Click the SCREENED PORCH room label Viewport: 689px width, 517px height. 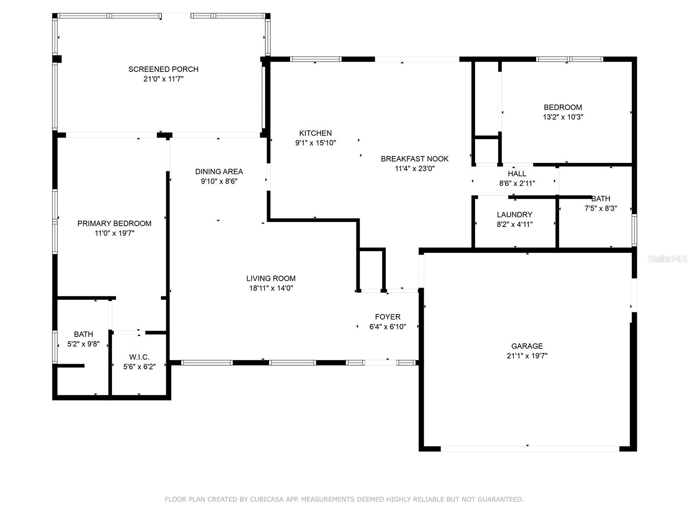[163, 69]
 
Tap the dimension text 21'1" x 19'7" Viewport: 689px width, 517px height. [527, 356]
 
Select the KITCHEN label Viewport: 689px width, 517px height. [315, 133]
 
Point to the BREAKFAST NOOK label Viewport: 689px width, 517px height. [414, 159]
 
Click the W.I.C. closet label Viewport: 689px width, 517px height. [139, 357]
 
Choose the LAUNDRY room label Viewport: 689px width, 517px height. [514, 215]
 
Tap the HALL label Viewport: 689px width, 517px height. [517, 174]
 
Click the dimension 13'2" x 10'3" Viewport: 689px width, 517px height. [563, 117]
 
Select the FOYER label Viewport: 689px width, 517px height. [388, 317]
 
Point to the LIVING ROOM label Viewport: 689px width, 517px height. [271, 278]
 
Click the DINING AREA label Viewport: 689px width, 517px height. [219, 171]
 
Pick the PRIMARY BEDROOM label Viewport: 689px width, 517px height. [114, 223]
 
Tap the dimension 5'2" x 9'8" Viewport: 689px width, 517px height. [84, 344]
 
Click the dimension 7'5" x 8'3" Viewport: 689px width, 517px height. [600, 208]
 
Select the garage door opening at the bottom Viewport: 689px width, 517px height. [530, 448]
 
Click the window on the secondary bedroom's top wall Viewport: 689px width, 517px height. [569, 59]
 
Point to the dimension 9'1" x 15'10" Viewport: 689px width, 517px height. [315, 143]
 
